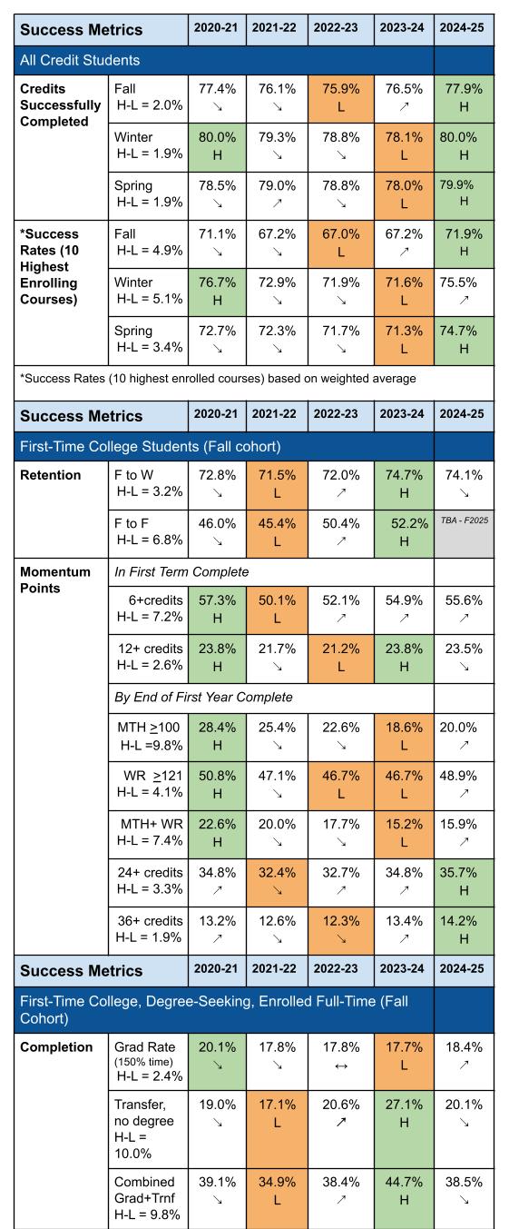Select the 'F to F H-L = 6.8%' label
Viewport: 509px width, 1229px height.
pyautogui.click(x=148, y=530)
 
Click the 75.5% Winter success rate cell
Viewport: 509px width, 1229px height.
pyautogui.click(x=465, y=269)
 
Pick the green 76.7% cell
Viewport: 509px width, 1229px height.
pyautogui.click(x=215, y=269)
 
